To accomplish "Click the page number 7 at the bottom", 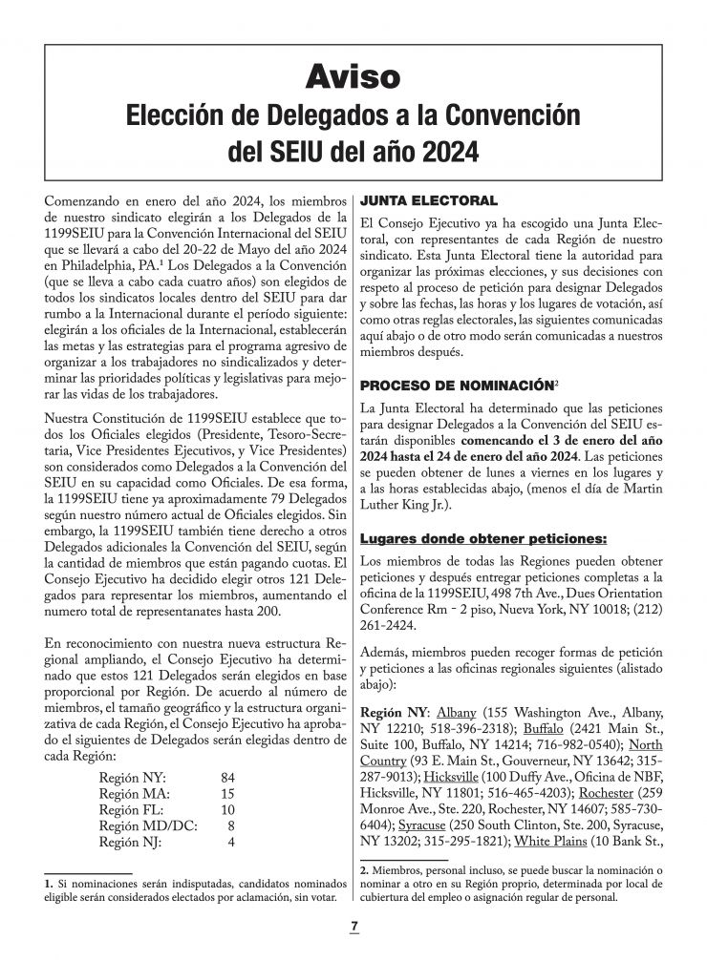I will pos(353,927).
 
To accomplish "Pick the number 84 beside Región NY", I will pos(226,779).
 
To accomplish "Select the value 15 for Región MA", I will pos(226,795).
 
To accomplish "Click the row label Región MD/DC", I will pos(148,825).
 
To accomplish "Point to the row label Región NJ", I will pos(133,842).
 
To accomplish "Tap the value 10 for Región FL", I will pos(226,810).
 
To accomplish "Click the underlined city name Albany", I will pos(455,712).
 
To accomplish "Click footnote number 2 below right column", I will pos(364,870).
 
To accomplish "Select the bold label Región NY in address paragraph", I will pos(395,712).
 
